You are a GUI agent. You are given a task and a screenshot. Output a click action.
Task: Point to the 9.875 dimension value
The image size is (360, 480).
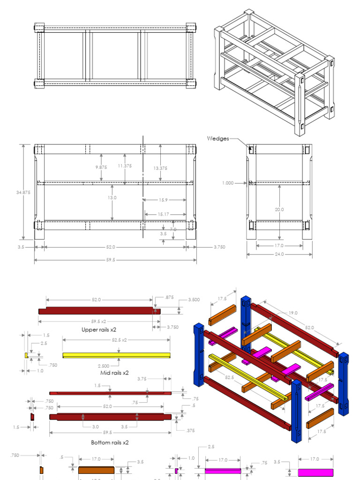101,167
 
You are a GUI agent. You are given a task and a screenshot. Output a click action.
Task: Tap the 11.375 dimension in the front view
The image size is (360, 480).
125,165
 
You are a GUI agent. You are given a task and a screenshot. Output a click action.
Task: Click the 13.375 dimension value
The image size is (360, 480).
160,168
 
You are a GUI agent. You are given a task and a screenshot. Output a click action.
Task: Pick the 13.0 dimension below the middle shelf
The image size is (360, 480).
112,198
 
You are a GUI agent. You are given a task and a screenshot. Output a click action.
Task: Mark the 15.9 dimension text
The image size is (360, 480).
163,200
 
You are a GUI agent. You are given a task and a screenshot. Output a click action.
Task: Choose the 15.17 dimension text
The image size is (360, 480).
164,214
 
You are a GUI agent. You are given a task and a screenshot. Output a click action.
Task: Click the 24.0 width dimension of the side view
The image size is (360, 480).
279,255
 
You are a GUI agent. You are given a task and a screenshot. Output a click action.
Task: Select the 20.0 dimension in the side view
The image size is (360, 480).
279,210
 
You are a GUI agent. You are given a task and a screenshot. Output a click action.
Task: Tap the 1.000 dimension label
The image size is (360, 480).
228,183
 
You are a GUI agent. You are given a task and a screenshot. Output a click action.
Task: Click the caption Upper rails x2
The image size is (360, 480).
99,330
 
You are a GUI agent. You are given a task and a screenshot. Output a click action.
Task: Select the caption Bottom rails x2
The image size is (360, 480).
110,442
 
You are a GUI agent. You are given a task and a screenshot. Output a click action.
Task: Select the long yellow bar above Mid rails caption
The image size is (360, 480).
116,355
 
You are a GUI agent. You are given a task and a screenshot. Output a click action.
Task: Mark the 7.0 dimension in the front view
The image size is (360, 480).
173,229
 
